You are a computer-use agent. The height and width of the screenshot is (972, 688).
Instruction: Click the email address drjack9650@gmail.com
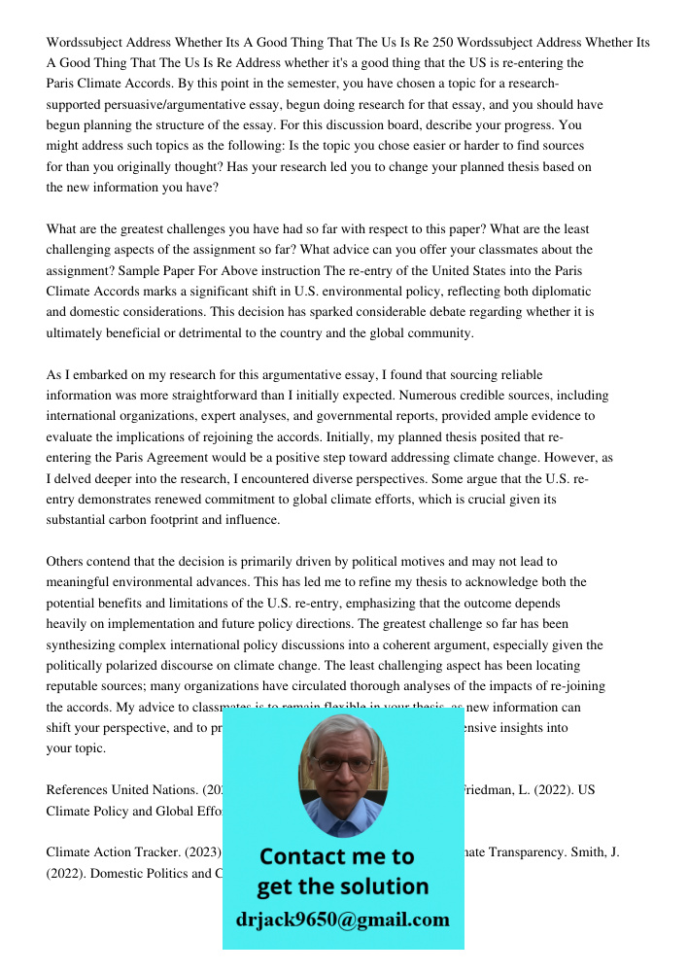[x=342, y=920]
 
